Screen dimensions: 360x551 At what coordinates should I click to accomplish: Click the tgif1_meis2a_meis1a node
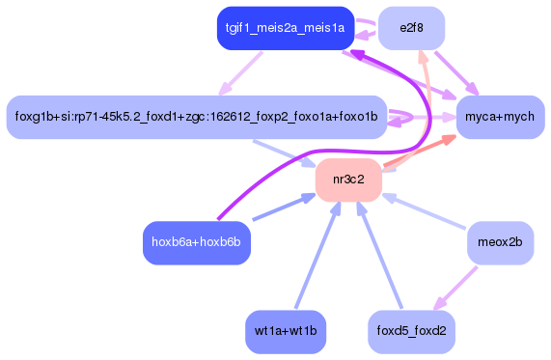[285, 28]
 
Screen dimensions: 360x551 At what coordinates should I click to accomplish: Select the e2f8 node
[411, 28]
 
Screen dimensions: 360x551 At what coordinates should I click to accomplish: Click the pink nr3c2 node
[349, 180]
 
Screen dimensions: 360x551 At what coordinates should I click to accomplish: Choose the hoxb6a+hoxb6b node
[196, 242]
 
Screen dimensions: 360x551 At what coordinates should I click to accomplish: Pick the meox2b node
[500, 242]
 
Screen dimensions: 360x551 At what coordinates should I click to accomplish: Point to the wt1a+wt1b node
[286, 331]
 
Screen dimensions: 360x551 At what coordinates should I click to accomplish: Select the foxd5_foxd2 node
[411, 331]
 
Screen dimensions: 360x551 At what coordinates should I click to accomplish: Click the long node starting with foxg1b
[197, 117]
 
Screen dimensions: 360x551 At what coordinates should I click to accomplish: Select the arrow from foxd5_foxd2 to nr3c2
[379, 255]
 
